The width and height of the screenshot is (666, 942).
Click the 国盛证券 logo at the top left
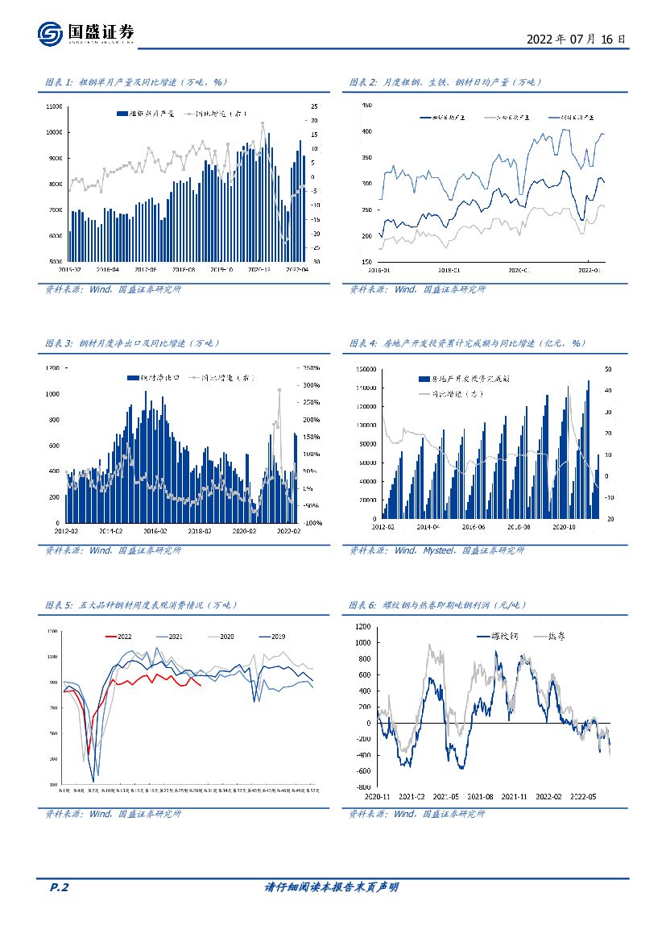click(85, 33)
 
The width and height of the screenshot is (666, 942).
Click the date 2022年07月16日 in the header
click(576, 39)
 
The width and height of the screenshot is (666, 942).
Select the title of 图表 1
click(137, 82)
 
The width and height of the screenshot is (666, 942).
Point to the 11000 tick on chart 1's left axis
click(55, 106)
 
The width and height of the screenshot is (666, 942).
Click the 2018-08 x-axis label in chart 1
click(184, 270)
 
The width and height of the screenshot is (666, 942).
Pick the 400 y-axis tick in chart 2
click(366, 131)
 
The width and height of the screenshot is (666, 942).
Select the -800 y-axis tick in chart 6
click(362, 786)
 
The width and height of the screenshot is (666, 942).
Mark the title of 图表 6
click(455, 604)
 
